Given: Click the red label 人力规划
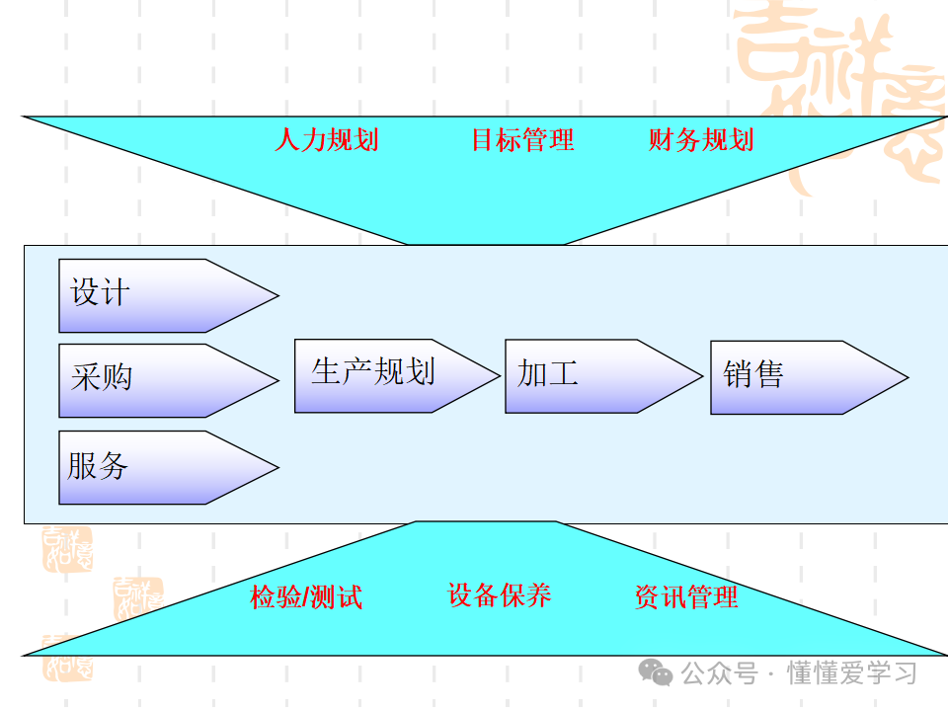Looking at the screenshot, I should [326, 140].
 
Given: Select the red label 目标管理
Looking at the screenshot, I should [522, 140].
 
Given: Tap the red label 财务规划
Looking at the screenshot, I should [701, 140].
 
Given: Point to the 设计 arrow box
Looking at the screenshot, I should [158, 295].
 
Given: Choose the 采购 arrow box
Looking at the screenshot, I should [158, 380].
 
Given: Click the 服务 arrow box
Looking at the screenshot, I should [158, 467].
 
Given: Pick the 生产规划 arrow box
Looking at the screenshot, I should [385, 375].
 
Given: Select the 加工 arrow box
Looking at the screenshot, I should [592, 375].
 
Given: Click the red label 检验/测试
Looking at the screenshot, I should [306, 597].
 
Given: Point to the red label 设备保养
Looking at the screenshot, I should [500, 595].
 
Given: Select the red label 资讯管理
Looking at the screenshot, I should [686, 597].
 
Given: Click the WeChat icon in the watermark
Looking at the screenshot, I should [655, 672].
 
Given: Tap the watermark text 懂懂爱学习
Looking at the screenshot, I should [851, 673].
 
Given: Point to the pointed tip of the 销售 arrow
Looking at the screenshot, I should [906, 377].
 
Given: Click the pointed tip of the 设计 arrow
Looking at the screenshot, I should [277, 295].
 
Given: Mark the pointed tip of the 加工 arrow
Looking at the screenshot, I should [701, 376].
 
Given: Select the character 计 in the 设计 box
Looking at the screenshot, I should [115, 293].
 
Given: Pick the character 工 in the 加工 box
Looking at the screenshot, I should [564, 373].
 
